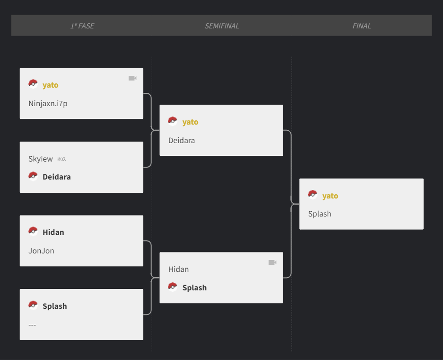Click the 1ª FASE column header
(x=82, y=26)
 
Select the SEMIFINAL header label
(x=222, y=26)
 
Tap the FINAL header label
(x=362, y=26)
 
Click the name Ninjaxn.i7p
(x=48, y=104)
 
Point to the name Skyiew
(x=40, y=159)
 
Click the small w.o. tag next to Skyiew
(x=61, y=159)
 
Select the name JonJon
(x=41, y=251)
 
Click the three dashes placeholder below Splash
(x=32, y=324)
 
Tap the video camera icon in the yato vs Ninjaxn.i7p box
(x=132, y=78)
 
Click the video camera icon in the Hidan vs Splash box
(x=272, y=262)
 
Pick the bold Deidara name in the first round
(x=57, y=177)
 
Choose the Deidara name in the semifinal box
(x=182, y=140)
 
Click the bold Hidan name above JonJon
(x=53, y=233)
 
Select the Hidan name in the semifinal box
(x=178, y=269)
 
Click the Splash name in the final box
(x=320, y=214)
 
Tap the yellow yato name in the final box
(x=330, y=196)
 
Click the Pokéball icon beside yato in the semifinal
(x=173, y=121)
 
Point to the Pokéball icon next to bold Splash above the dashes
(x=33, y=305)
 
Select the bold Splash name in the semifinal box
(x=194, y=288)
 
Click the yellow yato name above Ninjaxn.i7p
(x=50, y=85)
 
